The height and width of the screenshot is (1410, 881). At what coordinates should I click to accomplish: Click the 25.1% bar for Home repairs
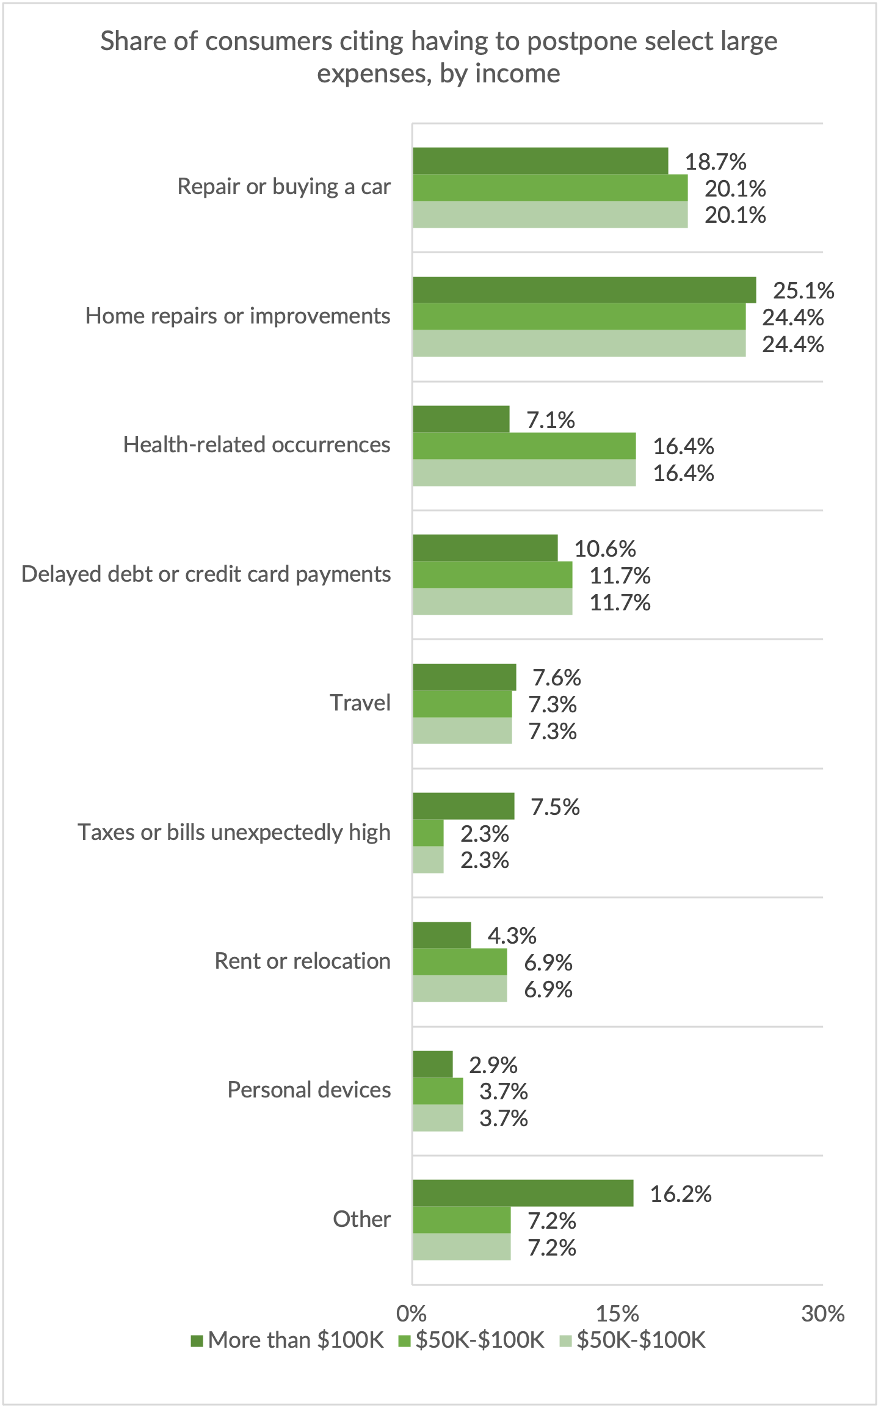tap(584, 290)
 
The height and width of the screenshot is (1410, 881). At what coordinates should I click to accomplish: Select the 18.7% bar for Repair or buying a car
tap(540, 161)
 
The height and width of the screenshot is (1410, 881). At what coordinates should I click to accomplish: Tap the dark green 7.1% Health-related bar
tap(461, 419)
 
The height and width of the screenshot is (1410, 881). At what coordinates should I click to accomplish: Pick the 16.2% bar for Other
tap(523, 1193)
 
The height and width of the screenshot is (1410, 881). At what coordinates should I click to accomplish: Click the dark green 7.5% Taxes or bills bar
tap(463, 806)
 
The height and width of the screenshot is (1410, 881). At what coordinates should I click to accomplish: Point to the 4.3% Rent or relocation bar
tap(441, 935)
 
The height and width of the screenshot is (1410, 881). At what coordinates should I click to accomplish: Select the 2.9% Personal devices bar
tap(432, 1064)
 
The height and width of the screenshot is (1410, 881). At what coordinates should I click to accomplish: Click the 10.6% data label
tap(605, 549)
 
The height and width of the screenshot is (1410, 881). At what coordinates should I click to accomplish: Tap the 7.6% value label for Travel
tap(556, 678)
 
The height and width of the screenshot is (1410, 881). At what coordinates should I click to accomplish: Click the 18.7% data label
tap(715, 162)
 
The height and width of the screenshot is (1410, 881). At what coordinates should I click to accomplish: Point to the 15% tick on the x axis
tap(617, 1314)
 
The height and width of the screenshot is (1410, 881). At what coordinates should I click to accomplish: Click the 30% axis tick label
tap(822, 1314)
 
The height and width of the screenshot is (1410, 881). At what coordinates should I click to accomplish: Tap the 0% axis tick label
tap(411, 1314)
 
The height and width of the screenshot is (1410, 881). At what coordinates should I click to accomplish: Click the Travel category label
tap(360, 703)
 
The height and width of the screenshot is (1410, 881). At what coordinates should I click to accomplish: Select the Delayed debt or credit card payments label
tap(206, 574)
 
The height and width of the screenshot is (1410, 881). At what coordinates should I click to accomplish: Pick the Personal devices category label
tap(309, 1090)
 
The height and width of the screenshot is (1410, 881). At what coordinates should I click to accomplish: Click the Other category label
tap(361, 1219)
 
